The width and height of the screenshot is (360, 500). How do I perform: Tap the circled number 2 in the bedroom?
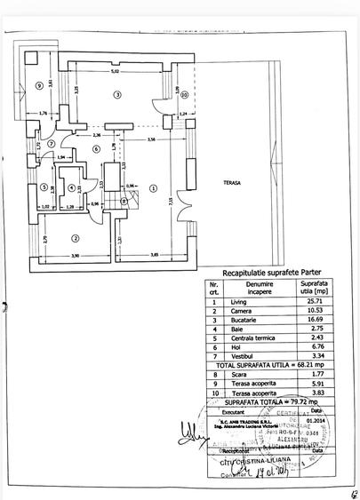click(x=76, y=237)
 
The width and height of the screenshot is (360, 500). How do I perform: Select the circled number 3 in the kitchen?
click(x=116, y=94)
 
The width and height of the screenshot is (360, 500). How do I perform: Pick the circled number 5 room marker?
click(x=43, y=187)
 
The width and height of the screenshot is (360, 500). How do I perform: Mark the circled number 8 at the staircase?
click(x=124, y=202)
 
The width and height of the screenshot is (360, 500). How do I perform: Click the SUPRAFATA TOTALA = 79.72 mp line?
click(x=260, y=401)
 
